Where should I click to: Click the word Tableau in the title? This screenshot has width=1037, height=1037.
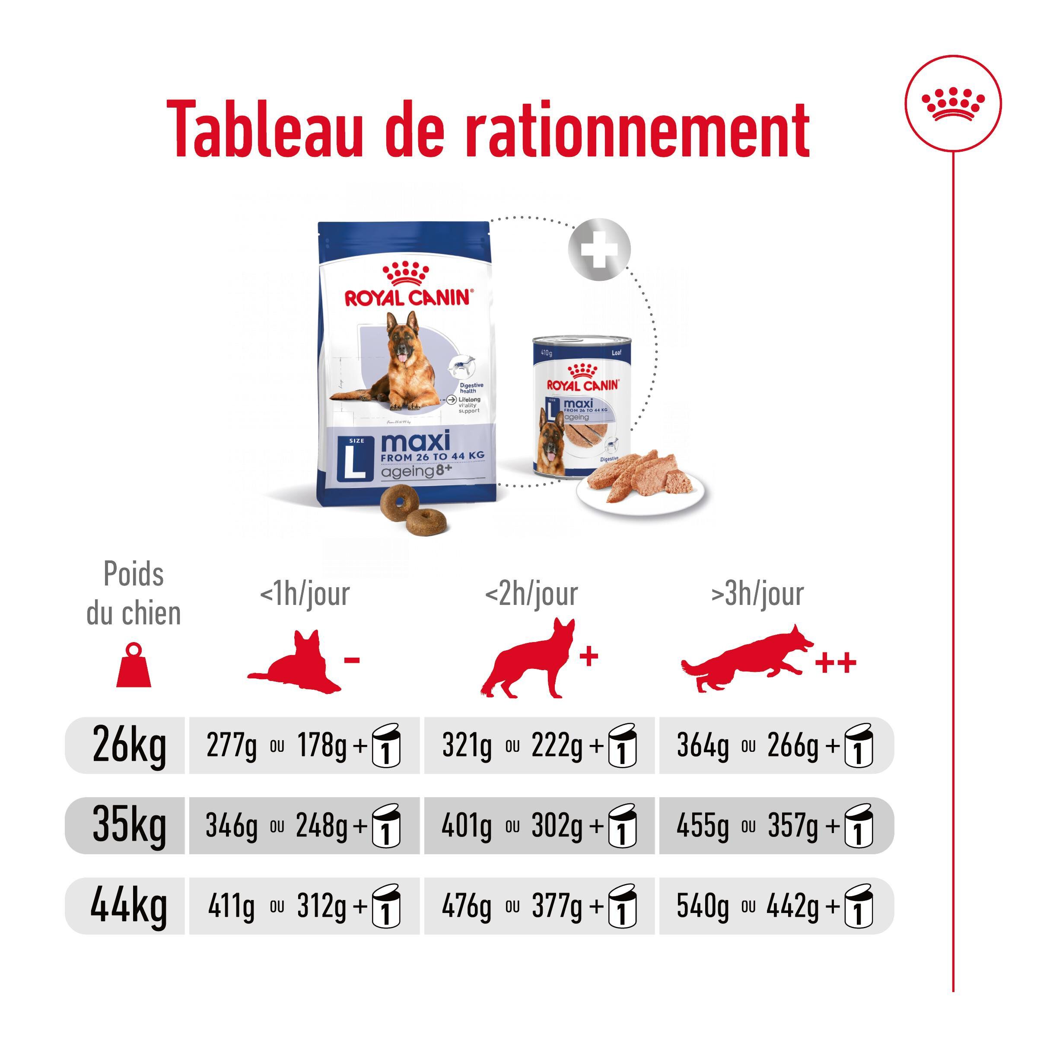coord(265,130)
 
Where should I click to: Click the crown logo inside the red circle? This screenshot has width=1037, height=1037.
coord(953,104)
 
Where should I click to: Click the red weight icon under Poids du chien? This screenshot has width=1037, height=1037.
coord(134,665)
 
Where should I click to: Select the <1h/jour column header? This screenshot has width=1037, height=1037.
coord(304,594)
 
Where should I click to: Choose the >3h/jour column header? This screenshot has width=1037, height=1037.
coord(757,594)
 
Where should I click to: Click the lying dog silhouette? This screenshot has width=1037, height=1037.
coord(294,665)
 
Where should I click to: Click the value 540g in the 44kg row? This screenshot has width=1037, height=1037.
coord(702,907)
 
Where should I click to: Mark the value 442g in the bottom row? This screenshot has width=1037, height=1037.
coord(792,907)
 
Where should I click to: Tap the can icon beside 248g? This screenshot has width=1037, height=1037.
coord(386,827)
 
